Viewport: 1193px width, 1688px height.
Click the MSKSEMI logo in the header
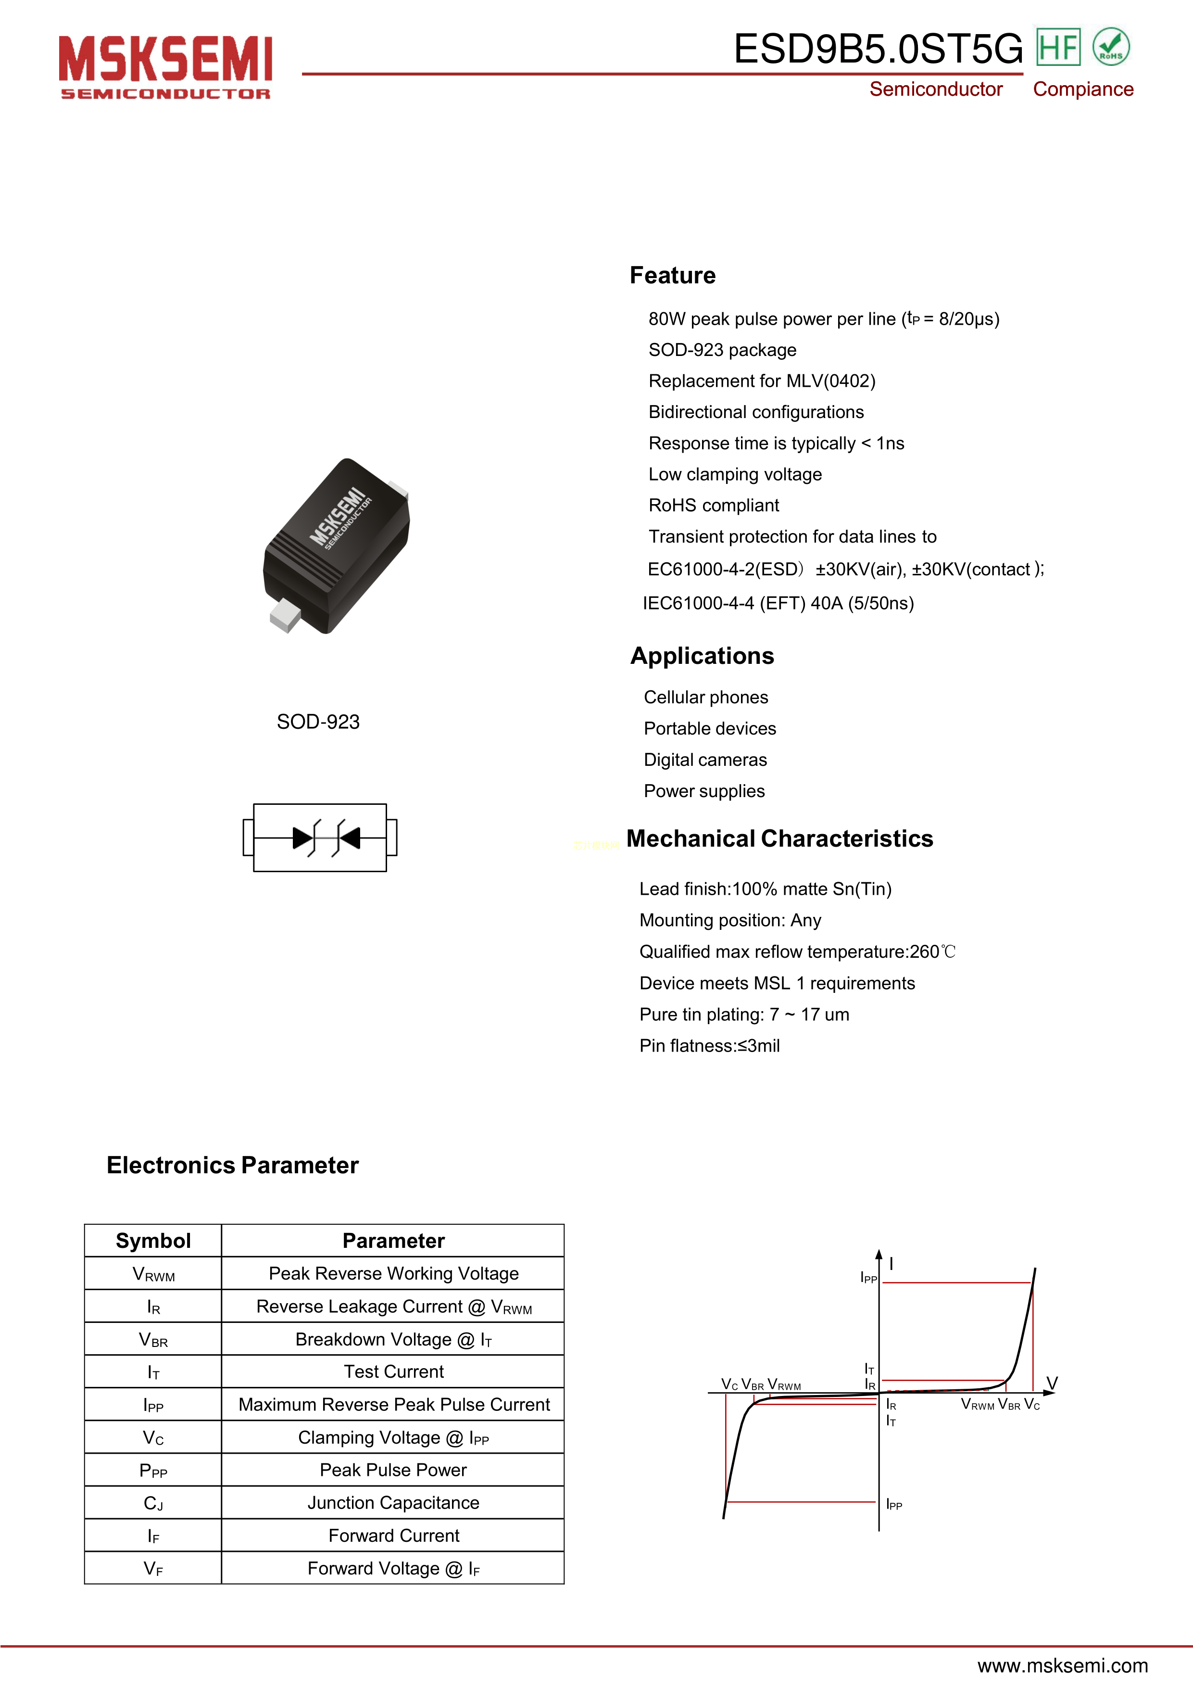click(165, 66)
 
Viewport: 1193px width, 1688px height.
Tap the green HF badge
click(1058, 47)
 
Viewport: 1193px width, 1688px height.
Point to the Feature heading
click(672, 275)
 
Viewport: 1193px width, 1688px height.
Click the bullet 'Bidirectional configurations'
click(755, 412)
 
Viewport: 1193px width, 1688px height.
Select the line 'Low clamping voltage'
click(734, 474)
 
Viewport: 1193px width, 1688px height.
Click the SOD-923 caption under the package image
click(317, 722)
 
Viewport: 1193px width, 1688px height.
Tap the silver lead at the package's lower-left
click(285, 615)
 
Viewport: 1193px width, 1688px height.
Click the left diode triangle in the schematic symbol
click(302, 838)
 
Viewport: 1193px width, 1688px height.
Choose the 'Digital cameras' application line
click(705, 760)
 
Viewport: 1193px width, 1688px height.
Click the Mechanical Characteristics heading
click(779, 839)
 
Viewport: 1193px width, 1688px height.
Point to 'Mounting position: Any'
click(730, 920)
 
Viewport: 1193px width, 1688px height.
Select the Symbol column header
click(153, 1241)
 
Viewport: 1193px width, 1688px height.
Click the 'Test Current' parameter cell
click(393, 1372)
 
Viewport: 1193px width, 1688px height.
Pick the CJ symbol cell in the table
click(153, 1503)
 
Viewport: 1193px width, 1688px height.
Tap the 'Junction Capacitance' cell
click(393, 1503)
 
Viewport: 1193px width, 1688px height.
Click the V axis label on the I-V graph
click(1052, 1383)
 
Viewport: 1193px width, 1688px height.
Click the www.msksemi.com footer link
click(1062, 1665)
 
